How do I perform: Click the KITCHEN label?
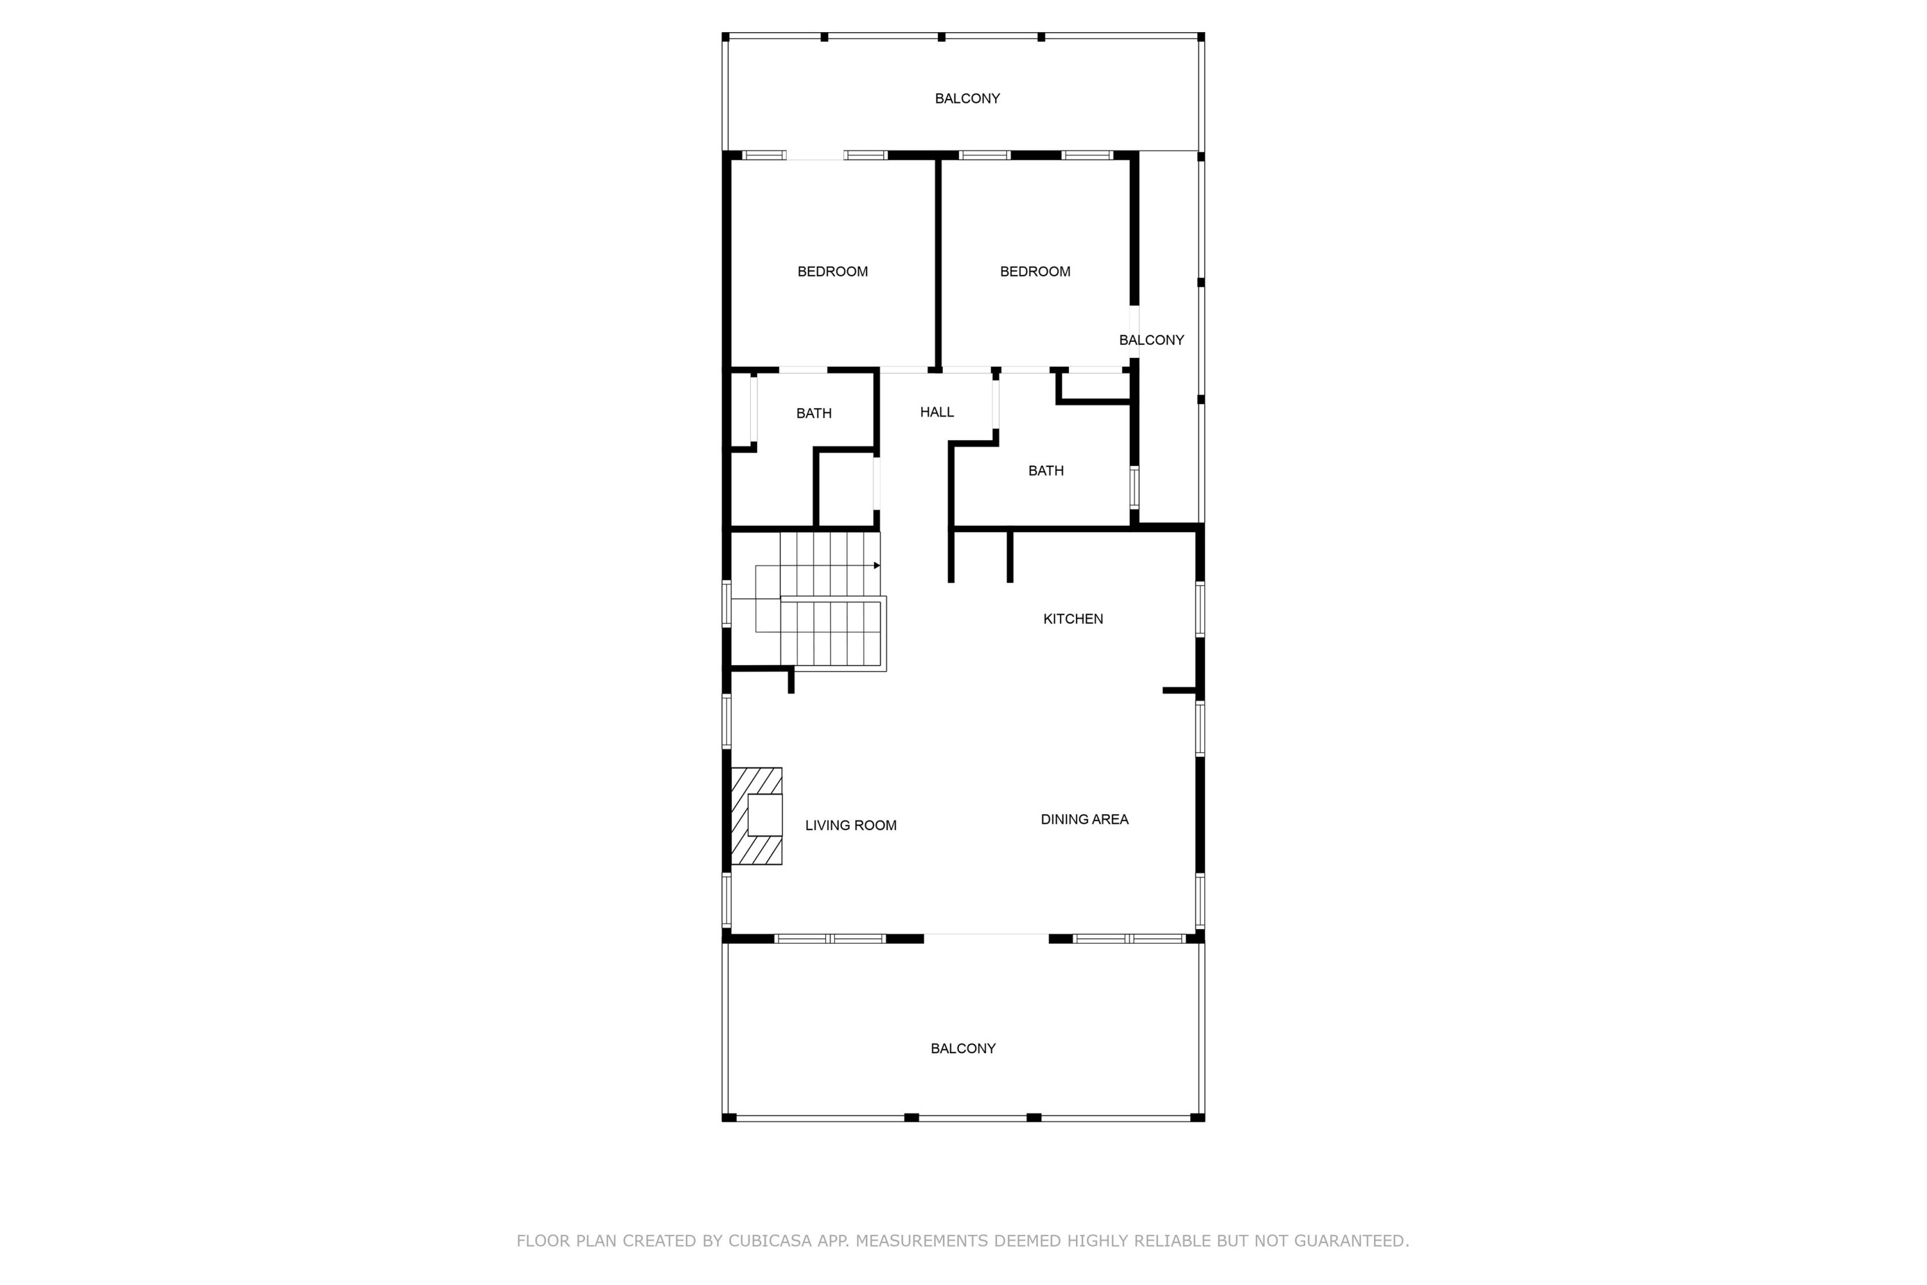tap(1073, 619)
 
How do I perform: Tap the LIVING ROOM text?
tap(850, 825)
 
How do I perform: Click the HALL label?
tap(937, 412)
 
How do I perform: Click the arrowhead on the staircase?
tap(877, 565)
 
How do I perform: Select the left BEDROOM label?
tap(832, 271)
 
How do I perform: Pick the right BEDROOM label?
tap(1035, 271)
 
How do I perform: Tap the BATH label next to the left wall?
tap(814, 413)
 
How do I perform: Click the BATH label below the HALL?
tap(1046, 470)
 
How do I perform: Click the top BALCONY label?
tap(967, 98)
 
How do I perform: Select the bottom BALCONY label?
tap(963, 1048)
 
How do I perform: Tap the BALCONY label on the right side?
tap(1151, 340)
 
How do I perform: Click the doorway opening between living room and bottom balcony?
tap(987, 938)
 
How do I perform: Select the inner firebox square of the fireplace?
tap(765, 815)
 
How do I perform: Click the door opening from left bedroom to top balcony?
tap(815, 155)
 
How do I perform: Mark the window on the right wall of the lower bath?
tap(1134, 488)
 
